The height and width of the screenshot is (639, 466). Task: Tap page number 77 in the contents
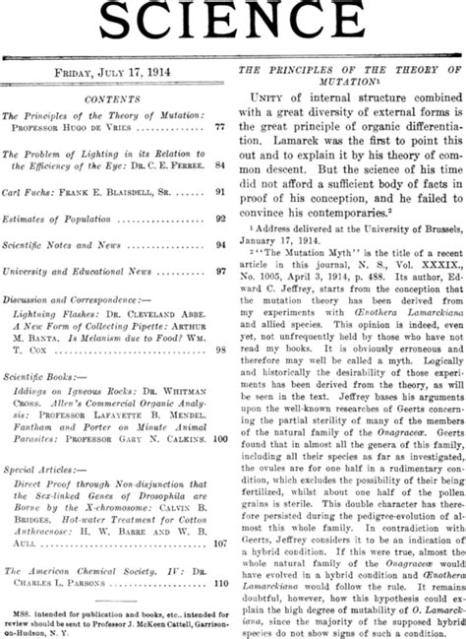pos(220,128)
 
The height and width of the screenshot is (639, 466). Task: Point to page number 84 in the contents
pos(220,165)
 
